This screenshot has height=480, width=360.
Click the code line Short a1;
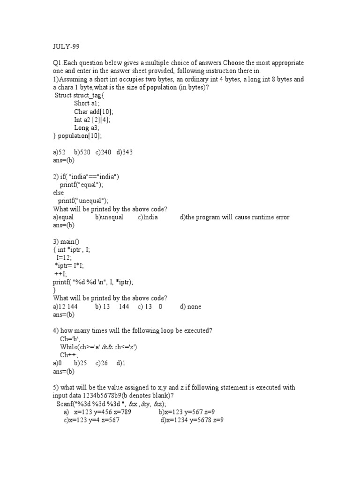[x=87, y=103]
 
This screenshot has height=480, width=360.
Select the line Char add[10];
[x=94, y=112]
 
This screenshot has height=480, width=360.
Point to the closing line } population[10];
[x=77, y=135]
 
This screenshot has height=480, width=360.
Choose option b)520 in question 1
[x=82, y=152]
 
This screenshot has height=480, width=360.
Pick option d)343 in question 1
[x=125, y=152]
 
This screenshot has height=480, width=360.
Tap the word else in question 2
[x=58, y=193]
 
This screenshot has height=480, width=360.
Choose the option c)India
[x=148, y=217]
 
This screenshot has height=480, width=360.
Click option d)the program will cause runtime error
[x=234, y=217]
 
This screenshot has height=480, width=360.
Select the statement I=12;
[x=64, y=258]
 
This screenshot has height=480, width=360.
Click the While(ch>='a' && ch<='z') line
[x=98, y=347]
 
